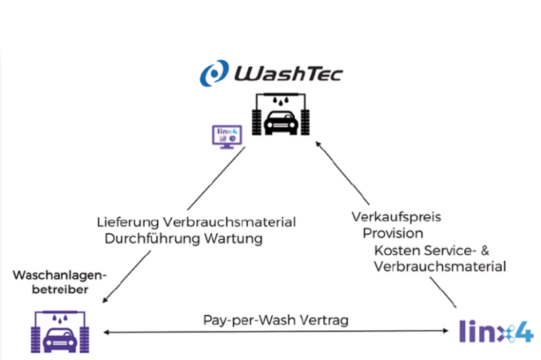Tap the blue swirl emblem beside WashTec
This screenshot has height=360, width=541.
tap(216, 72)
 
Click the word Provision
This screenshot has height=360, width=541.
tap(393, 233)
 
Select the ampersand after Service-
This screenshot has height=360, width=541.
tap(503, 250)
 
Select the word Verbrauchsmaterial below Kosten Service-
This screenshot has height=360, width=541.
tap(440, 266)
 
